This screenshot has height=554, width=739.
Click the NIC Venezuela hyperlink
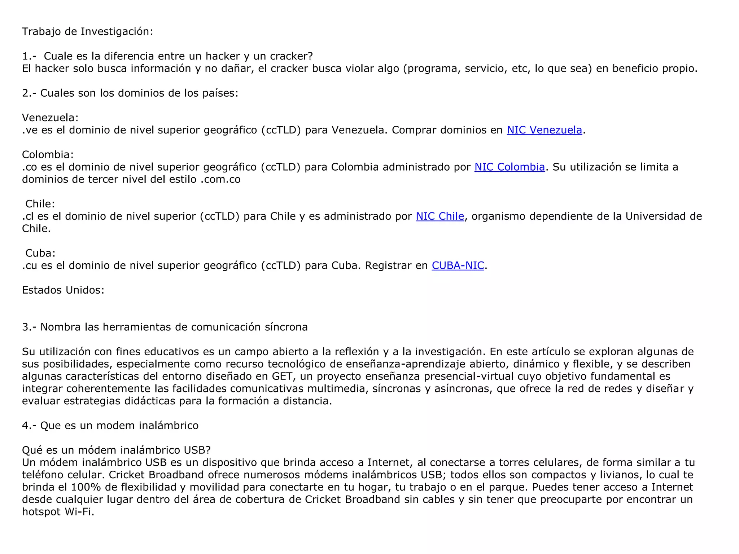tap(544, 130)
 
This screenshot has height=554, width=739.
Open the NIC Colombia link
tap(509, 167)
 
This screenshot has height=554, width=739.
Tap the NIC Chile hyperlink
tap(440, 216)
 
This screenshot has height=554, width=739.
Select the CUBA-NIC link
tap(458, 265)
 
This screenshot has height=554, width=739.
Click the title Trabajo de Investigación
tap(87, 32)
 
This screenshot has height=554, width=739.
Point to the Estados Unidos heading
tap(63, 290)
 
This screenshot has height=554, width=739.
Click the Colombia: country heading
tap(48, 155)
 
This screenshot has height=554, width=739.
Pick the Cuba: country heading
tap(40, 253)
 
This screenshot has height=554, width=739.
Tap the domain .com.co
tap(220, 179)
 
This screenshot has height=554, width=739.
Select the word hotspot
tap(41, 512)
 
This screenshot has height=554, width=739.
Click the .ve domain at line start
tap(30, 130)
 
